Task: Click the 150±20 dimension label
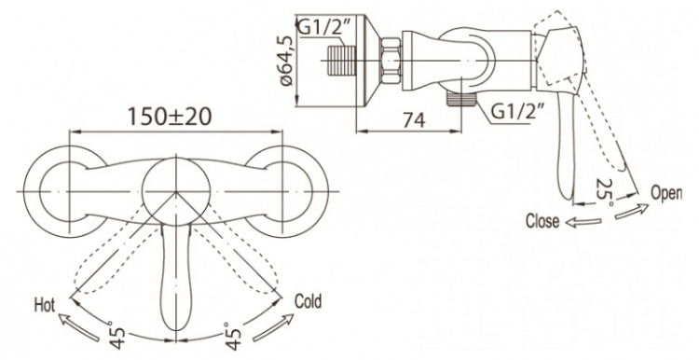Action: [x=170, y=117]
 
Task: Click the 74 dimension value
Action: [x=414, y=119]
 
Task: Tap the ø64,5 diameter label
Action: [x=287, y=60]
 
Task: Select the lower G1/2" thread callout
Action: [x=517, y=112]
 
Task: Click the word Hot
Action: [x=44, y=306]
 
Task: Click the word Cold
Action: [x=308, y=301]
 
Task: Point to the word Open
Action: [x=666, y=193]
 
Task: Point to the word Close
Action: [x=542, y=221]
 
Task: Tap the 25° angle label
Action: [x=605, y=192]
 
